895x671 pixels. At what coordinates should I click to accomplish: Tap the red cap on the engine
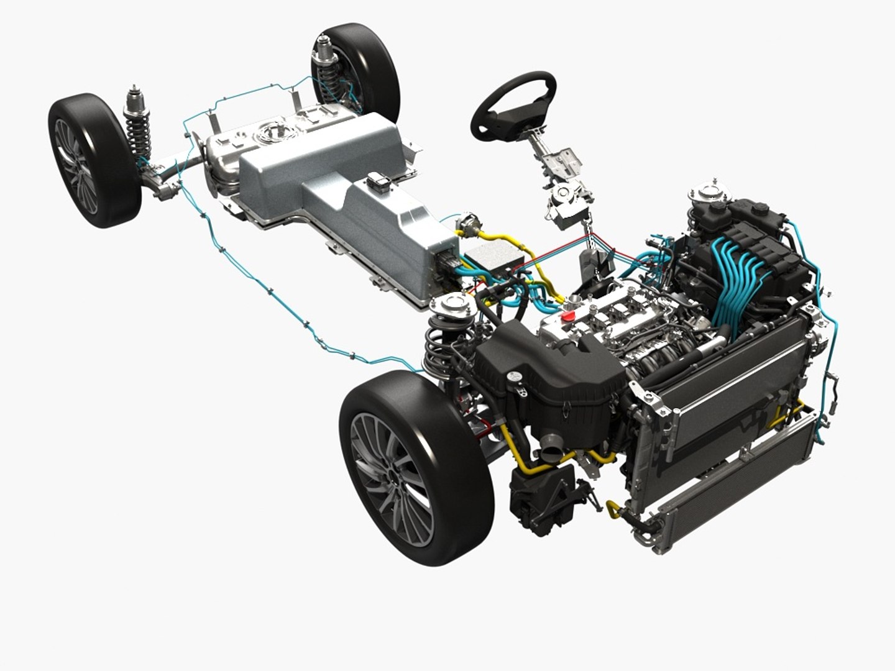[567, 317]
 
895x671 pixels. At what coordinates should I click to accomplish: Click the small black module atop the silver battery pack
[379, 183]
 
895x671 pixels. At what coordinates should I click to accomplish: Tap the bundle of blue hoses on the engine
[743, 273]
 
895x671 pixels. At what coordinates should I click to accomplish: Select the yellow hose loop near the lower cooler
[614, 511]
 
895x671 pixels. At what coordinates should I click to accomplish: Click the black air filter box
[547, 379]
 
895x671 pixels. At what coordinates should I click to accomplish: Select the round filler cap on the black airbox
[515, 377]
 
